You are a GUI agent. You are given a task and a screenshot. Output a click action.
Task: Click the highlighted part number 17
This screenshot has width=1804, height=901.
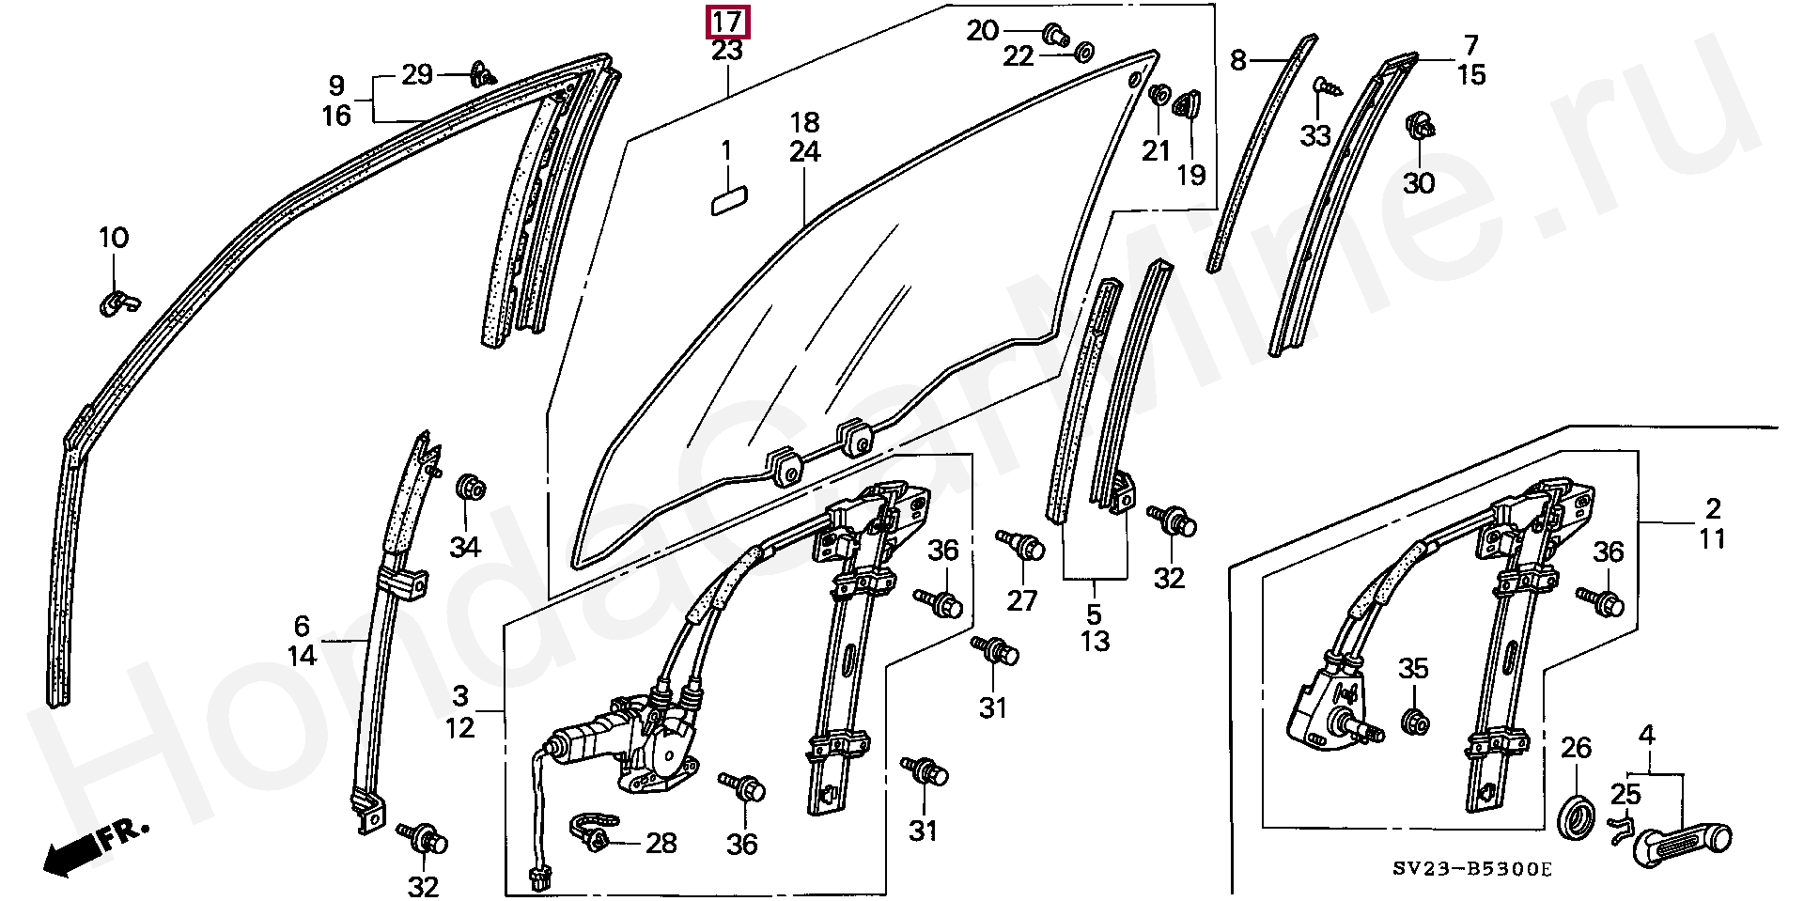727,22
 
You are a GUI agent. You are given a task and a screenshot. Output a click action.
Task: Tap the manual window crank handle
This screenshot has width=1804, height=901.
1683,842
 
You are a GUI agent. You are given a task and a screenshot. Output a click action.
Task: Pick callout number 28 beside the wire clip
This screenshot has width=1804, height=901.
661,843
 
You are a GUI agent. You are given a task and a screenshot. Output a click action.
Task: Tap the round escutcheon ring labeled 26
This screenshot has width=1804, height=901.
1576,816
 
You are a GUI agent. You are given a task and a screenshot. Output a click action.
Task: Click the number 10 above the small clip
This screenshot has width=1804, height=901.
114,237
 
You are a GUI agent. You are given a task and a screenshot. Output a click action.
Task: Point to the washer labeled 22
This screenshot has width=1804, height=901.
1082,50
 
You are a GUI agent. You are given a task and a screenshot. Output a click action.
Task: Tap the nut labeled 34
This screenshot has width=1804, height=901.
469,489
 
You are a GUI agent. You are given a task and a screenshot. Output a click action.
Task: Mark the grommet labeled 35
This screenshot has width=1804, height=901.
1414,722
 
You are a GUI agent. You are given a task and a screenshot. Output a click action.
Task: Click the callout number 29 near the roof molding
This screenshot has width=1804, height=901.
417,74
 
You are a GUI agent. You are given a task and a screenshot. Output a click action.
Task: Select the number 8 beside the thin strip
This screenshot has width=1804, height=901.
1238,60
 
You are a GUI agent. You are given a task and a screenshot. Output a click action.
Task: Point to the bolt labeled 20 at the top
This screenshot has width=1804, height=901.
1055,35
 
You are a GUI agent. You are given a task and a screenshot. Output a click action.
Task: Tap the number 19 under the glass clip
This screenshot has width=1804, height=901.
1191,175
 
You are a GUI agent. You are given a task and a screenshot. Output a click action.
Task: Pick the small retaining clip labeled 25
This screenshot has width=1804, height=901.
1617,828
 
